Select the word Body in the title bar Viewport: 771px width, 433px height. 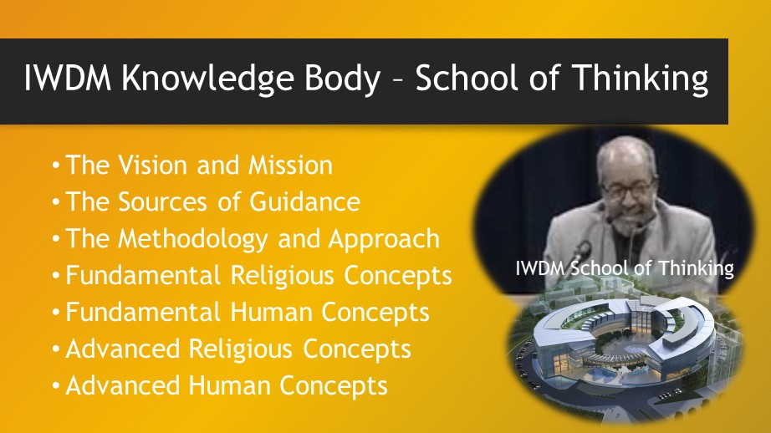pyautogui.click(x=343, y=79)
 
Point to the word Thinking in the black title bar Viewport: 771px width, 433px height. pyautogui.click(x=641, y=79)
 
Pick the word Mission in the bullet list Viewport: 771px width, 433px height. pyautogui.click(x=291, y=166)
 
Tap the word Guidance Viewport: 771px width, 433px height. pyautogui.click(x=305, y=202)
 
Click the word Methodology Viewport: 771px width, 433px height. pyautogui.click(x=192, y=239)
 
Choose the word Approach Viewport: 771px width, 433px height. pyautogui.click(x=384, y=239)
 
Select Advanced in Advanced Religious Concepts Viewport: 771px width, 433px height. pyautogui.click(x=122, y=349)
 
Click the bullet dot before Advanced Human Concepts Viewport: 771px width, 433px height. pyautogui.click(x=56, y=386)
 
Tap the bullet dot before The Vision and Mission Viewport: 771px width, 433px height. pyautogui.click(x=56, y=166)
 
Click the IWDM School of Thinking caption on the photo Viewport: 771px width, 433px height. pyautogui.click(x=625, y=268)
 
